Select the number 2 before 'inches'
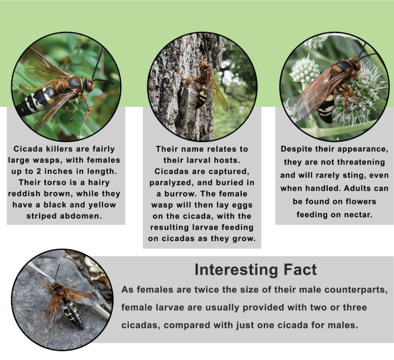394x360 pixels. (x=38, y=171)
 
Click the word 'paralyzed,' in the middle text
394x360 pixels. (x=171, y=183)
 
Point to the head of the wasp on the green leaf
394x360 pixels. (x=88, y=84)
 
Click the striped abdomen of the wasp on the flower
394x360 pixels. (x=326, y=108)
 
